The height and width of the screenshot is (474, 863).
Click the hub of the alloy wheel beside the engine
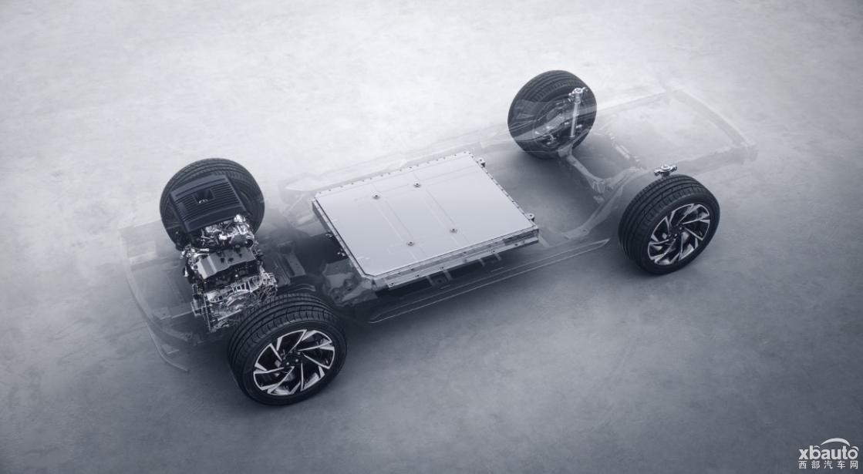[294, 362]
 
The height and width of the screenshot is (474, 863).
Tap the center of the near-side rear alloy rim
[679, 234]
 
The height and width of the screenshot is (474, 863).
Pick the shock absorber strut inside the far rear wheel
[575, 113]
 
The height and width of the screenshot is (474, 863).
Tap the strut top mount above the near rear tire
[665, 170]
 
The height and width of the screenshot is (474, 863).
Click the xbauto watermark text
[828, 453]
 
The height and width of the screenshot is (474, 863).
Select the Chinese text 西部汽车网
[828, 466]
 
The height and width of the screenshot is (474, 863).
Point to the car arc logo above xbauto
[838, 442]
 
